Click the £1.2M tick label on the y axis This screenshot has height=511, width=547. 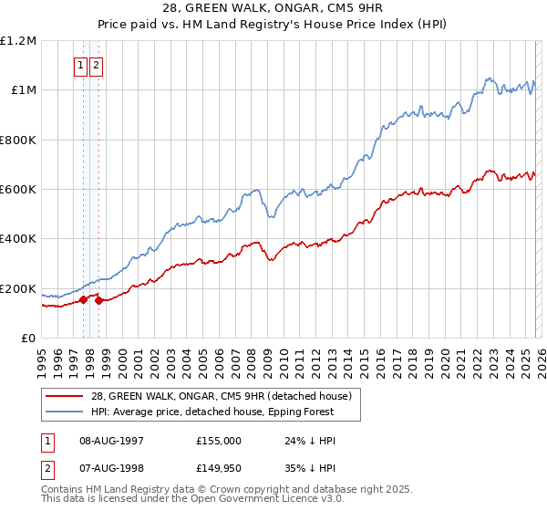pyautogui.click(x=19, y=40)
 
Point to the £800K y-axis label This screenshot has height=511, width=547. pyautogui.click(x=19, y=140)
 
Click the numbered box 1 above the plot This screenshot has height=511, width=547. pyautogui.click(x=81, y=65)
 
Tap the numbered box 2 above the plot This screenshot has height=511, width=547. pyautogui.click(x=96, y=65)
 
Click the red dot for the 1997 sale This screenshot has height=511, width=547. pyautogui.click(x=83, y=299)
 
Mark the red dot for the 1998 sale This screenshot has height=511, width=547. pyautogui.click(x=98, y=301)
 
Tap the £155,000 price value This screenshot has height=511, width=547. pyautogui.click(x=218, y=440)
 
